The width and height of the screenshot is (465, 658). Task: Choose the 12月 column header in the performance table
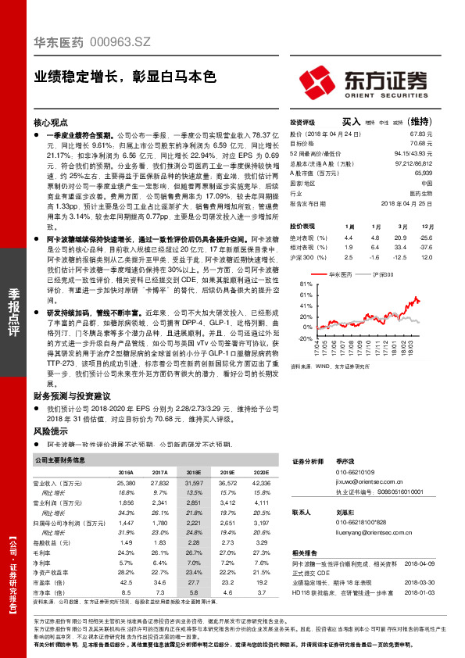click(x=425, y=226)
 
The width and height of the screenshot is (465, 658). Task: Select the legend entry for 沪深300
click(x=381, y=274)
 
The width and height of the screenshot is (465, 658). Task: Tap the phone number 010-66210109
click(x=355, y=473)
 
